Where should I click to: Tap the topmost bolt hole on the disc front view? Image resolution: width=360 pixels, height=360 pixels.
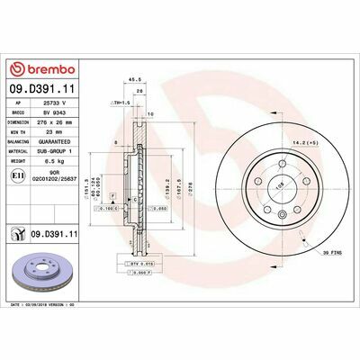tap(283, 162)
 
